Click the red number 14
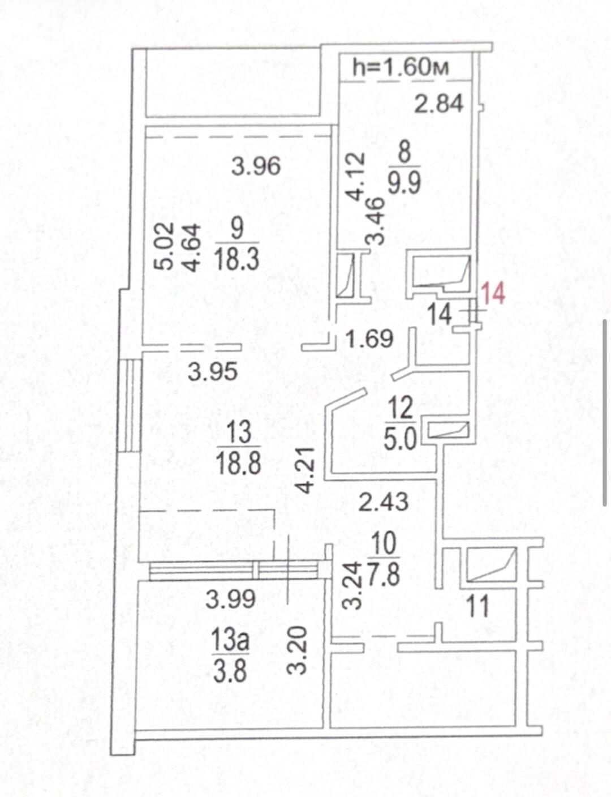493,294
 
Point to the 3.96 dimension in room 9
256,166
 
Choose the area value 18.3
237,259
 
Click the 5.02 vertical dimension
163,246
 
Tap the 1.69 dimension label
369,338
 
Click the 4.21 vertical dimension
305,471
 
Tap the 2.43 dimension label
384,502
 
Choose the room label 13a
231,641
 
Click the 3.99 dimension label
230,599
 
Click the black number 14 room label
440,314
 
